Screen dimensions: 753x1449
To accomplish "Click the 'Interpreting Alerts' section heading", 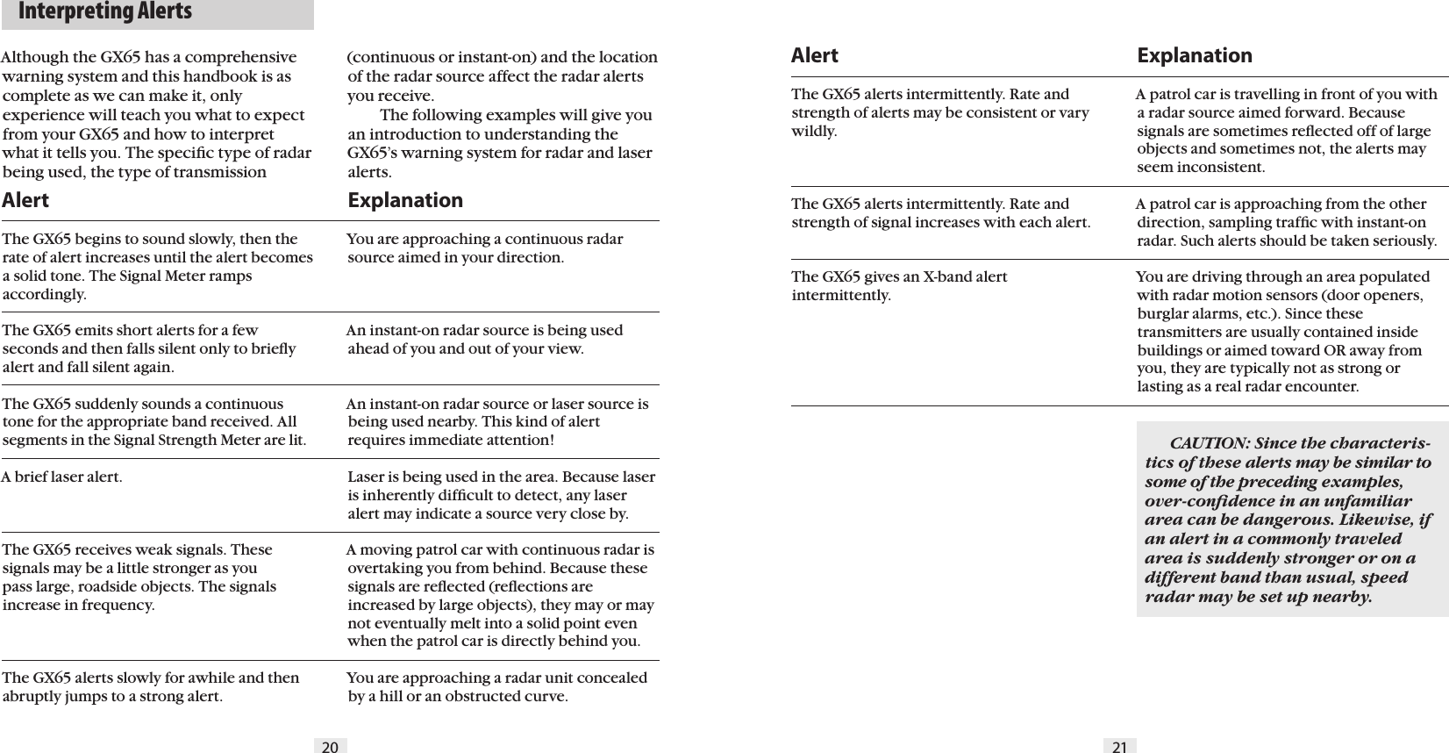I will (104, 12).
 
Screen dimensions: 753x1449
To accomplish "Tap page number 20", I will (330, 747).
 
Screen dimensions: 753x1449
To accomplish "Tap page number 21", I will (1119, 747).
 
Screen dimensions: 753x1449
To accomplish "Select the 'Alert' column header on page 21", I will (814, 55).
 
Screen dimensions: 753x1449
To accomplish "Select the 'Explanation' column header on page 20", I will (405, 200).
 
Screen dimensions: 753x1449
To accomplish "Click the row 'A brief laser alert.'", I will (62, 478).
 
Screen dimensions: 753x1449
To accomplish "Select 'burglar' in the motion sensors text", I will (1161, 313).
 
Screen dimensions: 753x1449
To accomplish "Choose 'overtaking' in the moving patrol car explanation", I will (383, 568).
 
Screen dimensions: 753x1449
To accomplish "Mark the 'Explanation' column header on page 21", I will (1195, 55).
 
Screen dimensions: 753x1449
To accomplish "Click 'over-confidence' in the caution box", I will (1201, 500).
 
